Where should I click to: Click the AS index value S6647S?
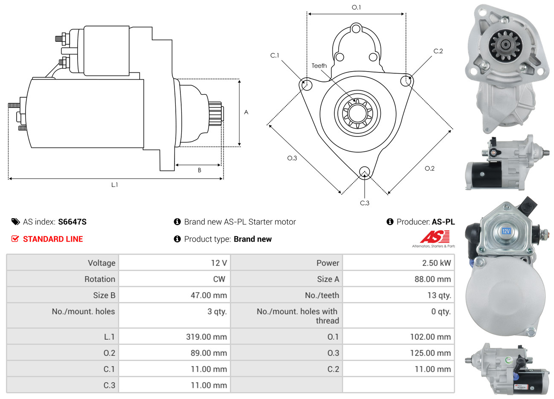point(72,222)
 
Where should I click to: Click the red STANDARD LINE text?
point(53,239)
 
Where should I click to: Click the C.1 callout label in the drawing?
point(275,55)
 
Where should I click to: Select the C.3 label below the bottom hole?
point(365,203)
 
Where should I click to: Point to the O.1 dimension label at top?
point(356,7)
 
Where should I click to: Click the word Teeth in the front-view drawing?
point(319,66)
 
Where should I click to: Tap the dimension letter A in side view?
point(246,112)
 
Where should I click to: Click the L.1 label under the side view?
point(114,185)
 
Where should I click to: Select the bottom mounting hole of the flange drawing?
point(364,172)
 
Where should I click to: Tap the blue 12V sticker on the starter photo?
point(506,231)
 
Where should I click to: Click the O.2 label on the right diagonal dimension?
point(429,168)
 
